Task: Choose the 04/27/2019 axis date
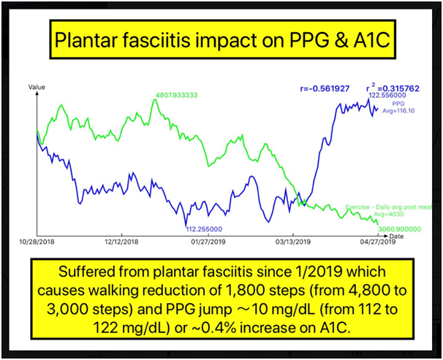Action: (379, 242)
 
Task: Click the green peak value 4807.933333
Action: (178, 94)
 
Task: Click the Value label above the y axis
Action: (37, 86)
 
